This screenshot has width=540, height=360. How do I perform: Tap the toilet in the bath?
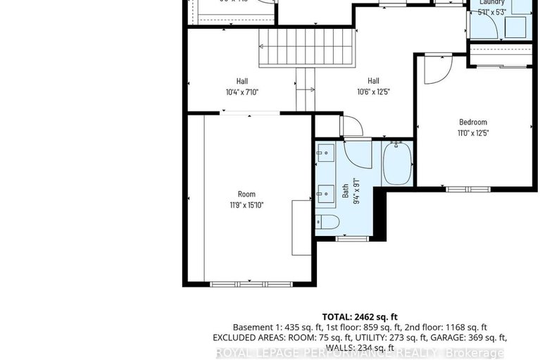click(327, 223)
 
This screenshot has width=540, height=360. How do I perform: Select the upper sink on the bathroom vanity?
click(325, 151)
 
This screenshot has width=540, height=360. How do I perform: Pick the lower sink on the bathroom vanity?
click(325, 191)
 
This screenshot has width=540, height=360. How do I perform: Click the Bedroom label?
click(472, 122)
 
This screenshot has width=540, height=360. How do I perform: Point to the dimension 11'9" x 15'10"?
click(246, 205)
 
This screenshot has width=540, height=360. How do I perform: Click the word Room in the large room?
click(246, 194)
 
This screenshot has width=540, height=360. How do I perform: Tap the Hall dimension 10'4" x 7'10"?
click(242, 92)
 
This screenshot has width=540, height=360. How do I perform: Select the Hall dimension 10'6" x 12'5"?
click(372, 92)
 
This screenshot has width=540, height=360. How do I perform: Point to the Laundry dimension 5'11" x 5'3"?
click(491, 11)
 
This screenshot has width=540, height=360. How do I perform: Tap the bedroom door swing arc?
click(437, 67)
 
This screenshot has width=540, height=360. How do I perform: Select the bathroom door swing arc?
click(351, 127)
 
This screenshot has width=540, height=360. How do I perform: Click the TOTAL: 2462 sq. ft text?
click(359, 317)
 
